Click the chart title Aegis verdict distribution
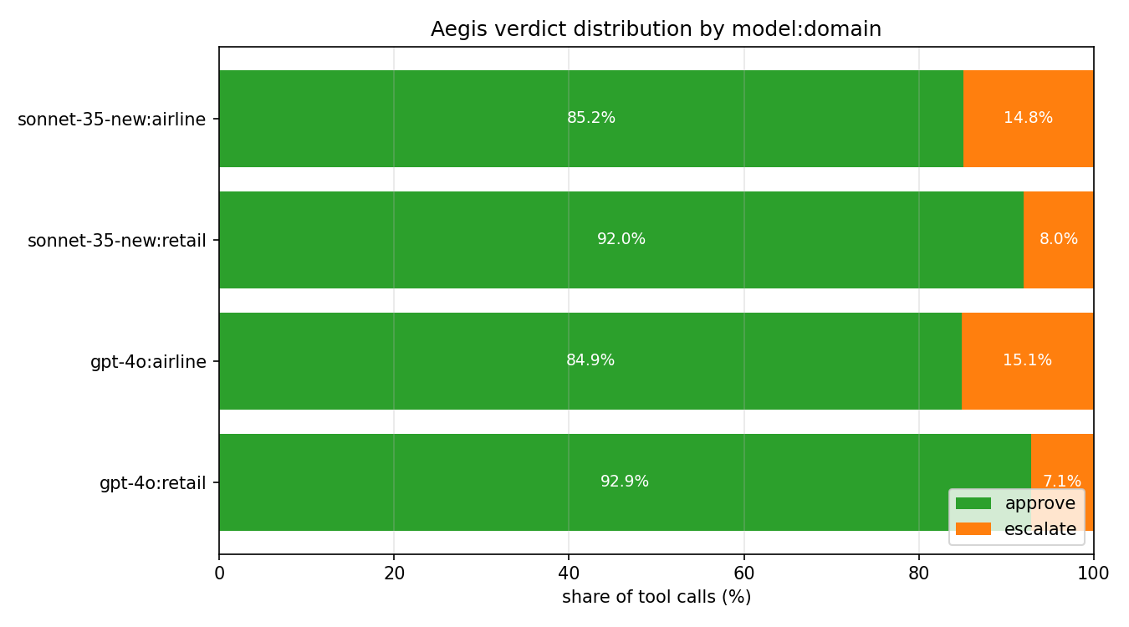[656, 29]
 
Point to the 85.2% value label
[591, 118]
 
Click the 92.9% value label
[625, 482]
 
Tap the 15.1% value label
[1027, 360]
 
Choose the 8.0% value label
[1059, 239]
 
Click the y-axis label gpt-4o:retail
[153, 482]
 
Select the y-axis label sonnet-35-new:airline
[112, 120]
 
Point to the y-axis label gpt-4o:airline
[148, 361]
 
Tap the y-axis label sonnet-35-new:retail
[117, 241]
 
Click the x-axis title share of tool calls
[656, 597]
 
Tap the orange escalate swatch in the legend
[973, 528]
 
